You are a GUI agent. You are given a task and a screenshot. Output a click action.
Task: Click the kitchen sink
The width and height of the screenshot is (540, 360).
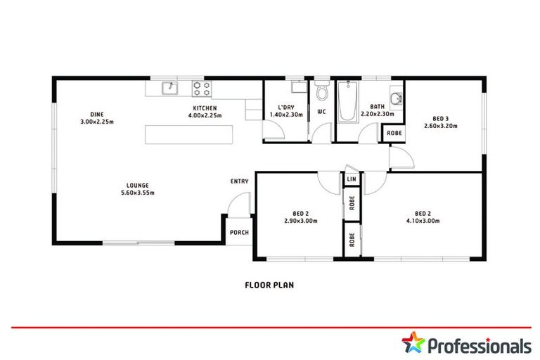(x=169, y=88)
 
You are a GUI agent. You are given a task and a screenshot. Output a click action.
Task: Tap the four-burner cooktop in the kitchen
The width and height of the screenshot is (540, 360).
(x=202, y=88)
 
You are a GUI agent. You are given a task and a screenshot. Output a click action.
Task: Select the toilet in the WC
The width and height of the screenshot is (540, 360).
(x=322, y=92)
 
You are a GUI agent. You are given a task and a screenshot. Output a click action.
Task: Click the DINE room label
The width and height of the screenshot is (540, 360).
(x=96, y=114)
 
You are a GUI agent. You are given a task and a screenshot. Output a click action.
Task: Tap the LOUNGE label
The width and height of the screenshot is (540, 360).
(x=137, y=186)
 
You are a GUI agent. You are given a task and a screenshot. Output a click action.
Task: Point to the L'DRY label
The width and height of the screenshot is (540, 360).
(x=285, y=108)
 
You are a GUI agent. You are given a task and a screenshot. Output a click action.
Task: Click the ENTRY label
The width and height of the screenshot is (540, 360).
(x=239, y=181)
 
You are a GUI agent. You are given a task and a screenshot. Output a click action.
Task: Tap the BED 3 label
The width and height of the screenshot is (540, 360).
(x=440, y=119)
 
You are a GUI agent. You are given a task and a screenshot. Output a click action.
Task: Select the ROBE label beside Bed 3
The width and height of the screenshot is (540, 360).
(x=394, y=133)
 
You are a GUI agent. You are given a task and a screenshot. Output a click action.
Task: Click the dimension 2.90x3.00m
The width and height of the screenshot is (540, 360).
(x=301, y=221)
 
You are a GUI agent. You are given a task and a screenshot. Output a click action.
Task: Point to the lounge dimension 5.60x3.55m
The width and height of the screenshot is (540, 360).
(x=137, y=193)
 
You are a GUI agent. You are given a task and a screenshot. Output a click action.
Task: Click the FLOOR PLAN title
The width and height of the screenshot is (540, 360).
(x=269, y=285)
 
